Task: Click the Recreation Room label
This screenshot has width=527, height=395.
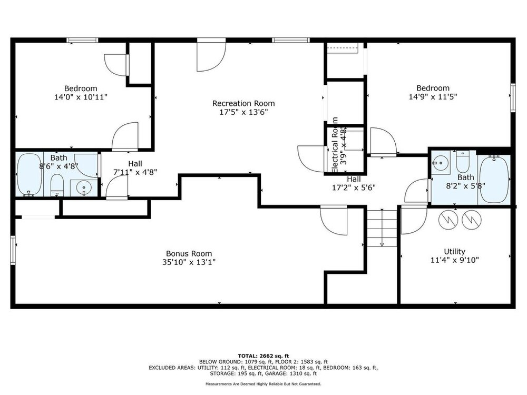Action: click(243, 103)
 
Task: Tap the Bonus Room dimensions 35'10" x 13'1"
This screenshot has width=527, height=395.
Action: click(189, 262)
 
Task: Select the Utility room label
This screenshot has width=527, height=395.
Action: click(454, 252)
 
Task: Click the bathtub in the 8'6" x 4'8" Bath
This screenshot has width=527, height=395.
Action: click(30, 175)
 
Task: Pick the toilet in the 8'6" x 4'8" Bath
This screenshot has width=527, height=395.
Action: click(57, 185)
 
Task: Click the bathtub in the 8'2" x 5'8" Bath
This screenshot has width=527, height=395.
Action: click(494, 179)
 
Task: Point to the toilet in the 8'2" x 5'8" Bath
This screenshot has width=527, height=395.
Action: click(463, 162)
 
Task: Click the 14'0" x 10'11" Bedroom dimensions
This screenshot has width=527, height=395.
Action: click(81, 97)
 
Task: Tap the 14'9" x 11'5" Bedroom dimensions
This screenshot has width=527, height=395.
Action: click(433, 97)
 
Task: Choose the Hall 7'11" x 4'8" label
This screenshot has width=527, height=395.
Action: click(135, 168)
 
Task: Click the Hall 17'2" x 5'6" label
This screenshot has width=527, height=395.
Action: click(354, 183)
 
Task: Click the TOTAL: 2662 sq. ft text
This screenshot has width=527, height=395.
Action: click(263, 356)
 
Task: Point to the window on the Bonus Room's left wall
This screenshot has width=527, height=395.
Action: click(13, 250)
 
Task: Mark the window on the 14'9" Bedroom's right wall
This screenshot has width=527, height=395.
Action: click(513, 97)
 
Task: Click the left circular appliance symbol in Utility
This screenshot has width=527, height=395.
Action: click(448, 220)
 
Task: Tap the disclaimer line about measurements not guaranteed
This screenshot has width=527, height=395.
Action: click(263, 383)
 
